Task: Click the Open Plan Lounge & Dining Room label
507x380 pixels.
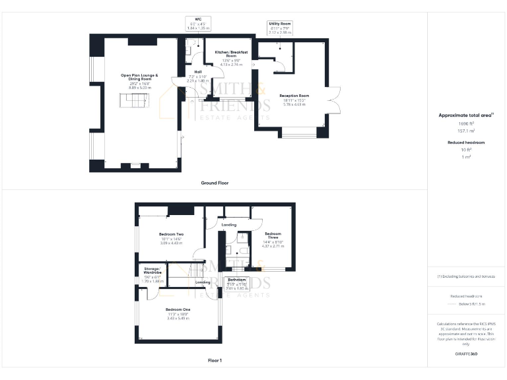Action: pyautogui.click(x=139, y=77)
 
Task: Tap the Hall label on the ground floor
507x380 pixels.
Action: pyautogui.click(x=197, y=72)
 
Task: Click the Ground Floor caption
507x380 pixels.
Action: pyautogui.click(x=215, y=182)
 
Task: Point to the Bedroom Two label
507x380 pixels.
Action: pyautogui.click(x=171, y=234)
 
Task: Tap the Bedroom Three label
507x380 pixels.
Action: pyautogui.click(x=273, y=234)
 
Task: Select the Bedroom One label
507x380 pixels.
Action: pyautogui.click(x=178, y=309)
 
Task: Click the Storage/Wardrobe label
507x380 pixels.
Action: pyautogui.click(x=152, y=270)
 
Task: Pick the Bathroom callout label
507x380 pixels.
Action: pyautogui.click(x=236, y=280)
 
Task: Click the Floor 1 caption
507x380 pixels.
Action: pyautogui.click(x=215, y=360)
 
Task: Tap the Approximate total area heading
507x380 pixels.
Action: pyautogui.click(x=466, y=115)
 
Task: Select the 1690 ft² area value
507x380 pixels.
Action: pyautogui.click(x=466, y=123)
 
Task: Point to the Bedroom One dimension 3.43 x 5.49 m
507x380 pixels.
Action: pyautogui.click(x=178, y=319)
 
